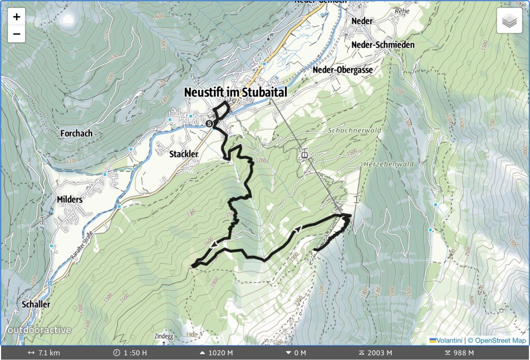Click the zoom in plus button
tap(17, 17)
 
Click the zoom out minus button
tap(17, 34)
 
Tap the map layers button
tap(509, 21)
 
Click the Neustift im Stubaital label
tap(235, 92)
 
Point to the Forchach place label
tap(76, 133)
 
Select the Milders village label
tap(69, 199)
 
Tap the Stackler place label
tap(184, 154)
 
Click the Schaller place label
tap(36, 304)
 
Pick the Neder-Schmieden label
tap(382, 45)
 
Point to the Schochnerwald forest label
tap(354, 130)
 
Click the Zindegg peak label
tap(165, 336)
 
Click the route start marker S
tap(209, 124)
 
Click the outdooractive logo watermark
tap(39, 330)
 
